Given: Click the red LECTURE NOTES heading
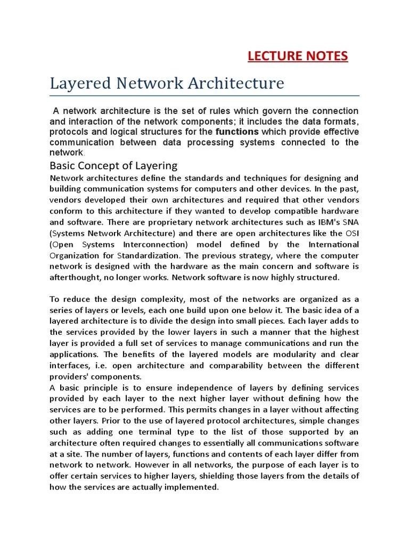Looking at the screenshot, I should pyautogui.click(x=298, y=56).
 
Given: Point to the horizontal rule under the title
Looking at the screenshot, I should pyautogui.click(x=204, y=96).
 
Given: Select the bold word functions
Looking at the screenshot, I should pyautogui.click(x=237, y=131).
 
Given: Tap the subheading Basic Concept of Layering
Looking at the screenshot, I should pyautogui.click(x=113, y=165).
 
